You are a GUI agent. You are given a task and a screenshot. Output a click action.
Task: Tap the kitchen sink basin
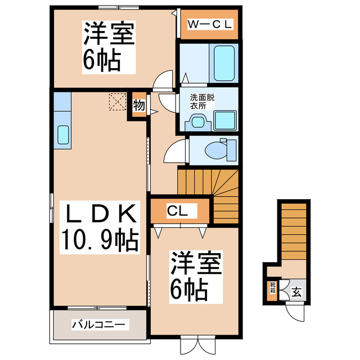tap(63, 135)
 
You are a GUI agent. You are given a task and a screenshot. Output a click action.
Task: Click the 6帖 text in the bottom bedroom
tap(189, 289)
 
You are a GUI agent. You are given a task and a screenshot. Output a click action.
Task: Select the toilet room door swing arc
tap(175, 151)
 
